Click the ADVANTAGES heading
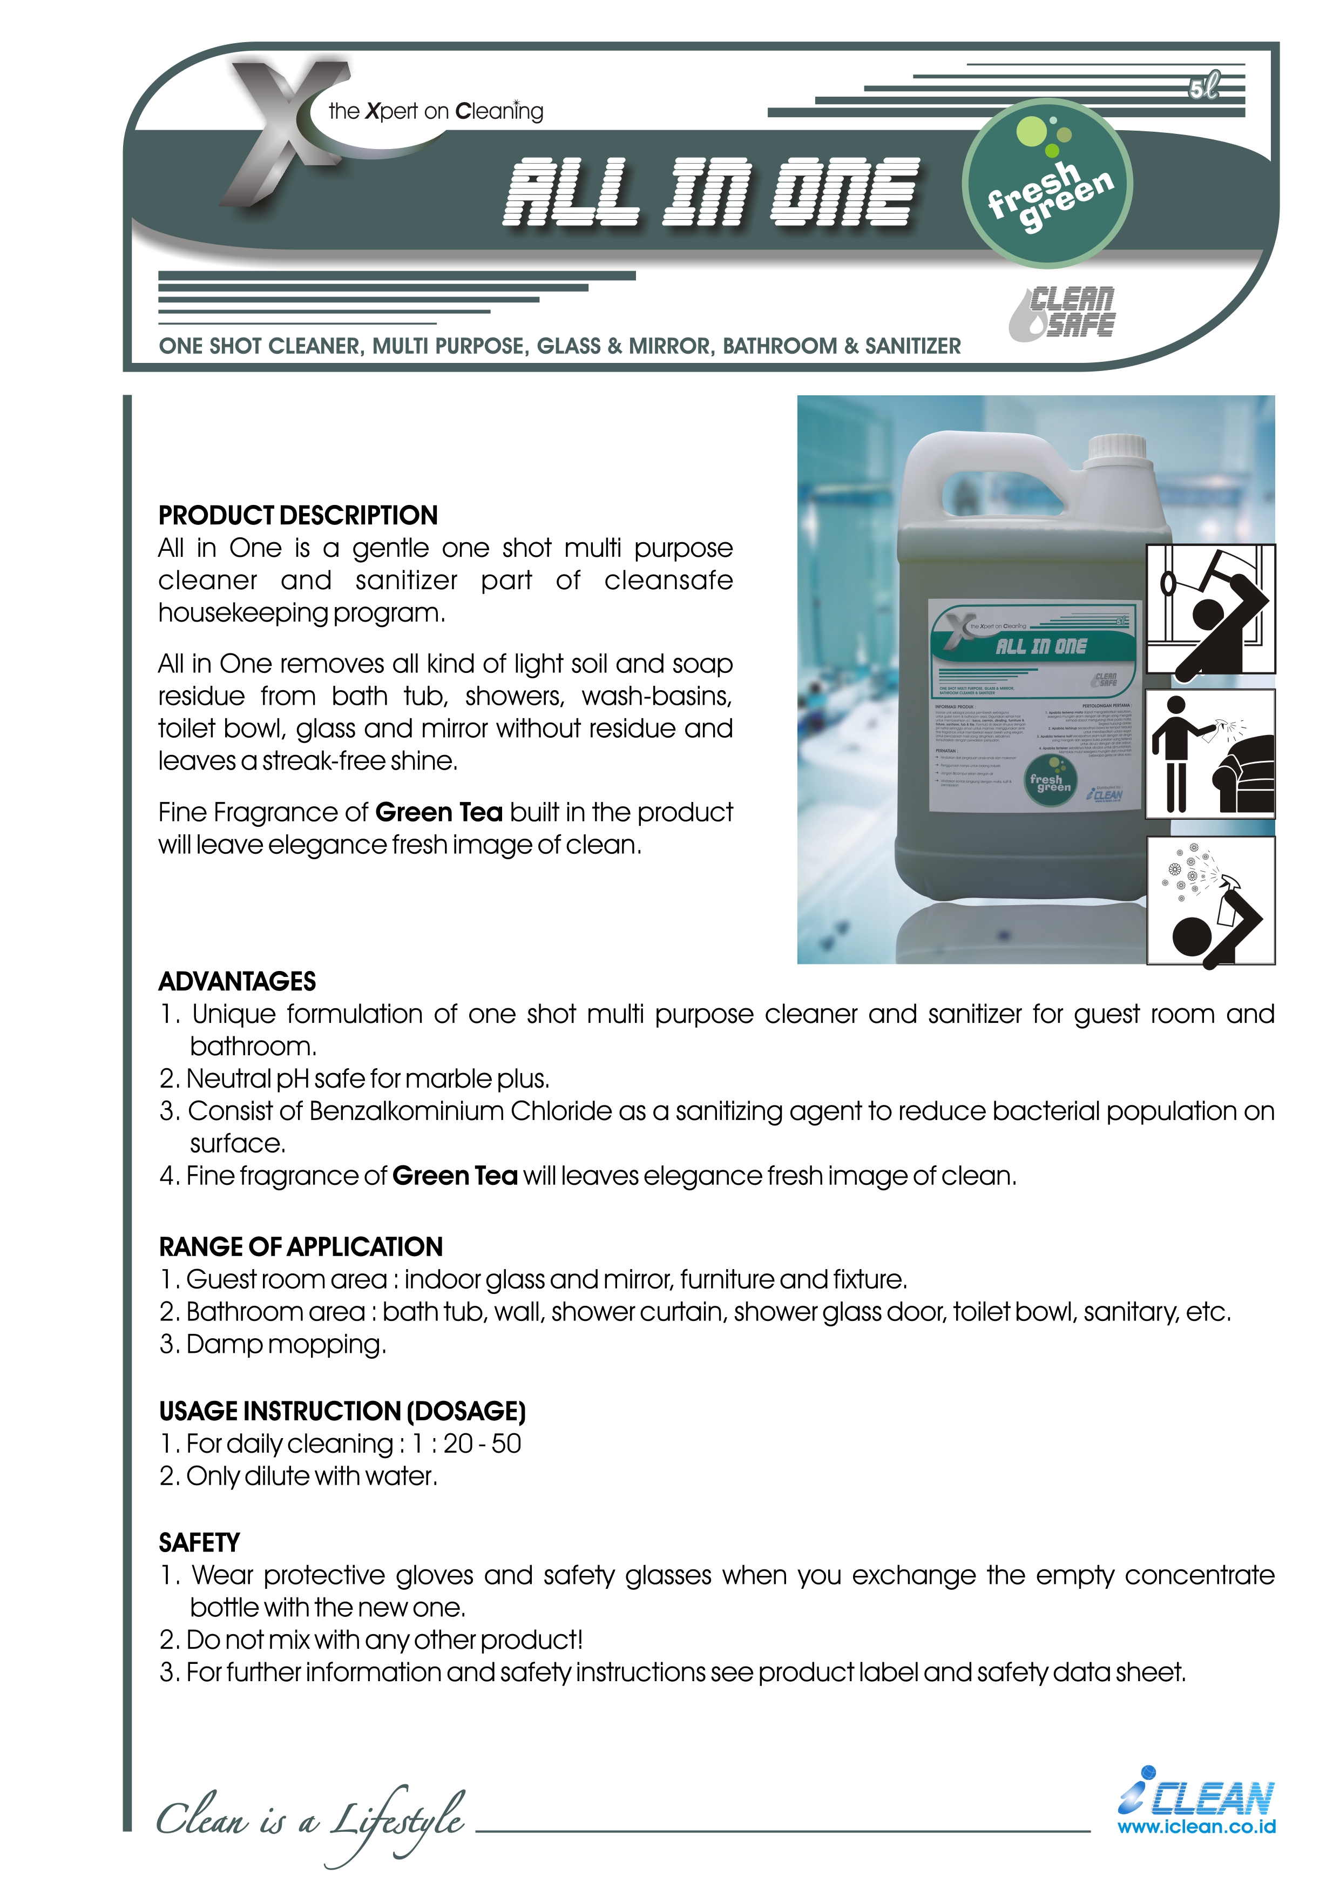point(237,981)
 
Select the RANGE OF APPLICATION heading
point(300,1246)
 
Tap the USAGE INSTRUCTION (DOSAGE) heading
point(342,1411)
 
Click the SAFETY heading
point(199,1542)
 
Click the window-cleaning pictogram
point(1210,610)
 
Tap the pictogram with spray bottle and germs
point(1210,900)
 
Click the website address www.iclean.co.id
point(1196,1826)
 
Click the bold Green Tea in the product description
point(439,812)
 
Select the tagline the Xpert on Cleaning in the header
point(436,111)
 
